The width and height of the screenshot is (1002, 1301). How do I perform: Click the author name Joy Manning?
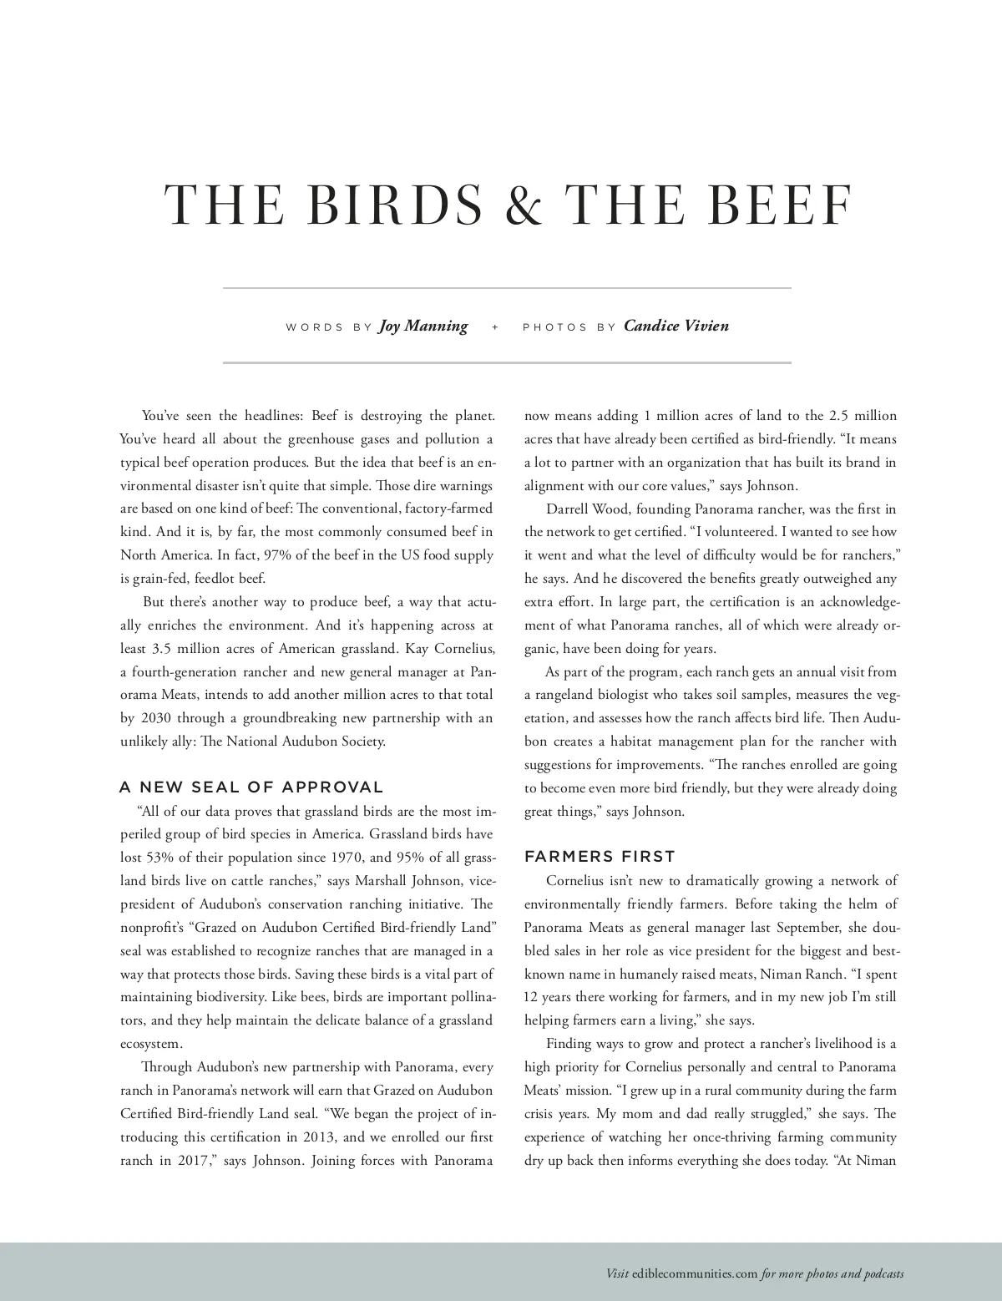click(x=423, y=326)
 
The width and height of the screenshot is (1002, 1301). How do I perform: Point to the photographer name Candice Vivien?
click(x=676, y=326)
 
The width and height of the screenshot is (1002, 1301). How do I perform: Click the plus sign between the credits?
click(x=495, y=327)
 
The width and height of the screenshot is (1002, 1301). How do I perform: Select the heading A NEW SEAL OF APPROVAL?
click(x=251, y=787)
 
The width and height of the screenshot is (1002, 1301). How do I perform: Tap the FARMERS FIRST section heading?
click(x=600, y=856)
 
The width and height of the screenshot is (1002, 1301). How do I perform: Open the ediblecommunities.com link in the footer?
click(x=695, y=1274)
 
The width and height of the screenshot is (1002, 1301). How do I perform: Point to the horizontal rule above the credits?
click(x=507, y=288)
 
